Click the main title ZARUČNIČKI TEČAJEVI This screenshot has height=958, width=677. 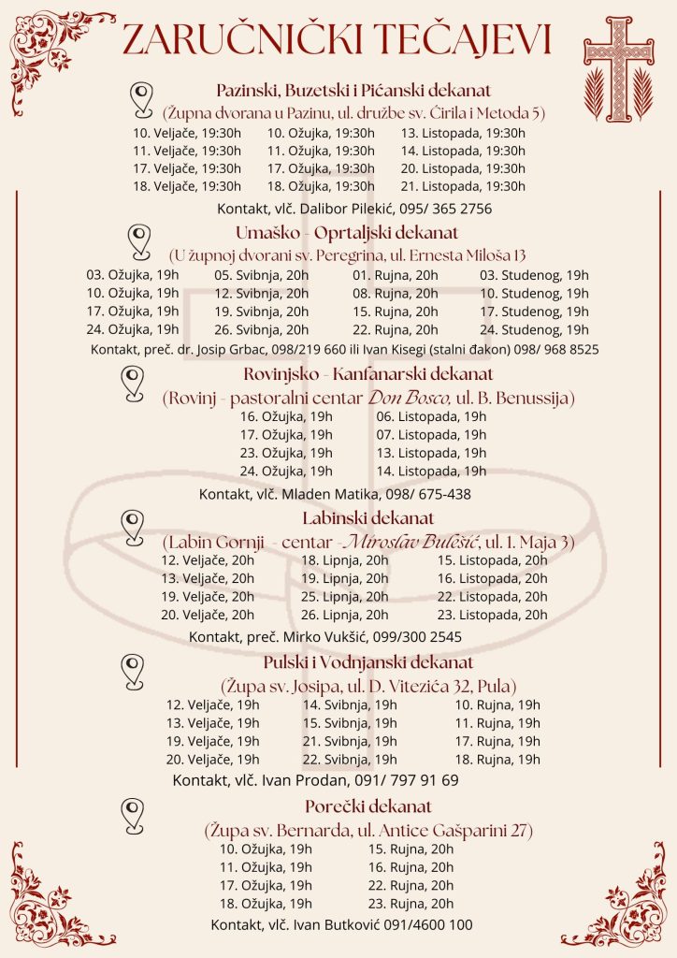(337, 39)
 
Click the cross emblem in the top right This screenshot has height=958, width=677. (618, 61)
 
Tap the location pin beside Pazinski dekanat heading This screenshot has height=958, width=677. (141, 97)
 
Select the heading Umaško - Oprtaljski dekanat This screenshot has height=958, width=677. (340, 233)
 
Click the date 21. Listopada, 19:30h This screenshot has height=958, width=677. (463, 186)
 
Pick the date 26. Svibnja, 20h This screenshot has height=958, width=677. (261, 329)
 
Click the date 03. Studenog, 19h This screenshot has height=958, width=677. (534, 275)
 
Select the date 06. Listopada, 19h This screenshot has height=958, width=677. (431, 416)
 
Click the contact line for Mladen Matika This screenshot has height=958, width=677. (335, 494)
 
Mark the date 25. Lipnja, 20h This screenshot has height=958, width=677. (344, 596)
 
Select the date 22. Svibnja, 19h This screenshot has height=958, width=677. (349, 759)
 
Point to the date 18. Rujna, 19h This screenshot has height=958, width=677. (497, 759)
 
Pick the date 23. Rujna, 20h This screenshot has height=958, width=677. (411, 904)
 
